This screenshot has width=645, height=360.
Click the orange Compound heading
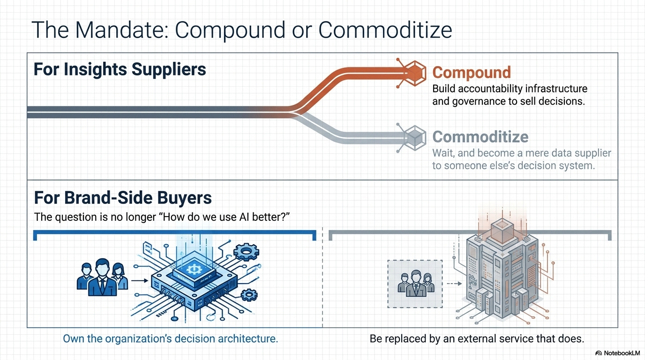[x=472, y=72]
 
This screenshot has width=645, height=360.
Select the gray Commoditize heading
[x=480, y=137]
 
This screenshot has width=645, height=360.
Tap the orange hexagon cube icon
[x=415, y=73]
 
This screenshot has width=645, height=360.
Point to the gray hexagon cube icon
[x=415, y=138]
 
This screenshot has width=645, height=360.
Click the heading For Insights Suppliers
[x=120, y=69]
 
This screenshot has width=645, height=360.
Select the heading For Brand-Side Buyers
[x=123, y=197]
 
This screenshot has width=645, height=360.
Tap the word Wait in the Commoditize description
[x=443, y=153]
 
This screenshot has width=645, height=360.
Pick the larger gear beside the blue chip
[x=246, y=252]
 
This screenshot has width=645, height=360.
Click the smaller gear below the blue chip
[x=249, y=295]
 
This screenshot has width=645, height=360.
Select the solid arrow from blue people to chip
[x=140, y=280]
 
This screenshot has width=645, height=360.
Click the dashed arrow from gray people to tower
[x=454, y=284]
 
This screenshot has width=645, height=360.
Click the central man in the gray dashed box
[x=416, y=284]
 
